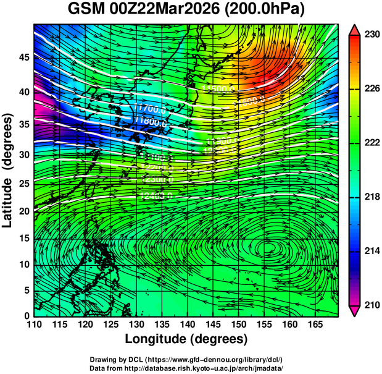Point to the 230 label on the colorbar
click(372, 35)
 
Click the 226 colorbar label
click(372, 89)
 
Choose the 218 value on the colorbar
click(372, 197)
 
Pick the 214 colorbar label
click(372, 251)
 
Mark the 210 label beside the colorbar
click(372, 305)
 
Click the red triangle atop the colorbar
click(355, 30)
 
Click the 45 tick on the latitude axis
click(23, 57)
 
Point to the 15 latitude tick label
click(23, 239)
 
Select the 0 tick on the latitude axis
click(26, 316)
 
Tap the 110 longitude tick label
click(34, 325)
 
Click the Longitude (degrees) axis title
click(186, 339)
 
